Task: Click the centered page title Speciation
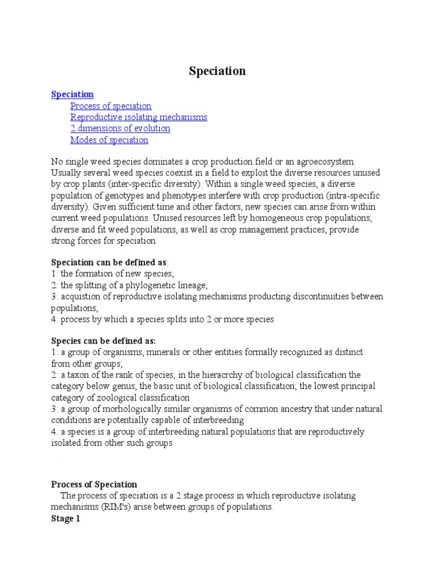point(217,71)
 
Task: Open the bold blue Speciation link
point(72,95)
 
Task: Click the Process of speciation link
point(111,106)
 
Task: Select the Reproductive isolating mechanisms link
point(139,117)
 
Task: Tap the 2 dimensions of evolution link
point(120,129)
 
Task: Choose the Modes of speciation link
point(109,140)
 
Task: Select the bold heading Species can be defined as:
point(103,341)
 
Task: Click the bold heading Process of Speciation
point(94,484)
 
